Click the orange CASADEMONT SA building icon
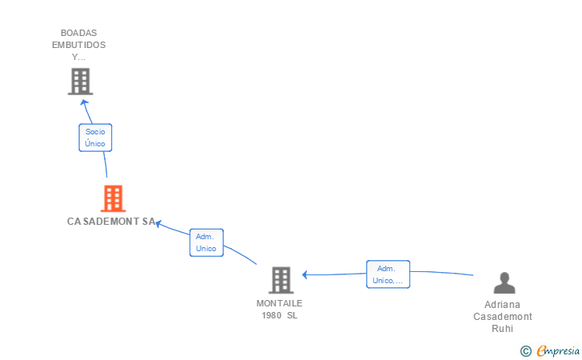click(x=113, y=198)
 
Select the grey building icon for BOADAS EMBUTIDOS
click(x=79, y=82)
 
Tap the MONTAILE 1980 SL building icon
click(x=281, y=280)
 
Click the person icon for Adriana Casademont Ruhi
click(x=504, y=283)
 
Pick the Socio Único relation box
click(x=95, y=138)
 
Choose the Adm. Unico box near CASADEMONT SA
click(x=206, y=242)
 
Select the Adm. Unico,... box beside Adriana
click(x=388, y=274)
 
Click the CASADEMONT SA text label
click(x=111, y=222)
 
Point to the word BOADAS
click(x=78, y=33)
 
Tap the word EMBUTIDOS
click(x=78, y=45)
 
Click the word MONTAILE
click(x=280, y=303)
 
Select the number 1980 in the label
click(x=271, y=314)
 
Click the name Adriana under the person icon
click(x=502, y=305)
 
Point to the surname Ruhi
click(x=502, y=328)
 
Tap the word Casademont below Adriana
click(x=502, y=316)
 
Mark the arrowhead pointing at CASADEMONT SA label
click(x=158, y=224)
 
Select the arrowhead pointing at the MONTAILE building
click(x=305, y=275)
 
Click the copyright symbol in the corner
click(x=525, y=350)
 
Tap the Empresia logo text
click(x=558, y=350)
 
